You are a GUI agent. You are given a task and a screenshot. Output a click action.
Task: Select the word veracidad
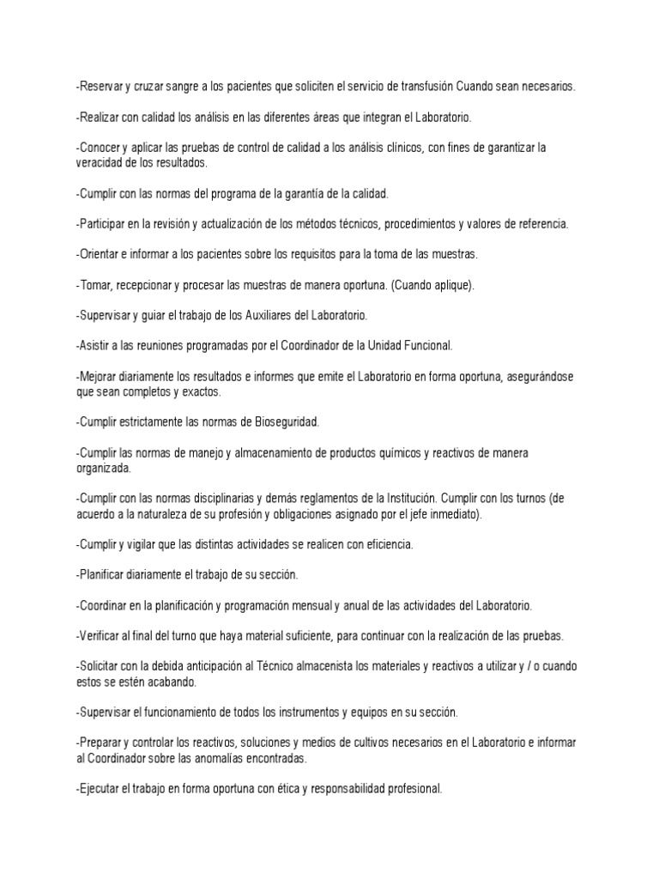(x=100, y=161)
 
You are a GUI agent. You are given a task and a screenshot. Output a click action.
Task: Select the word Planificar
(x=104, y=574)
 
